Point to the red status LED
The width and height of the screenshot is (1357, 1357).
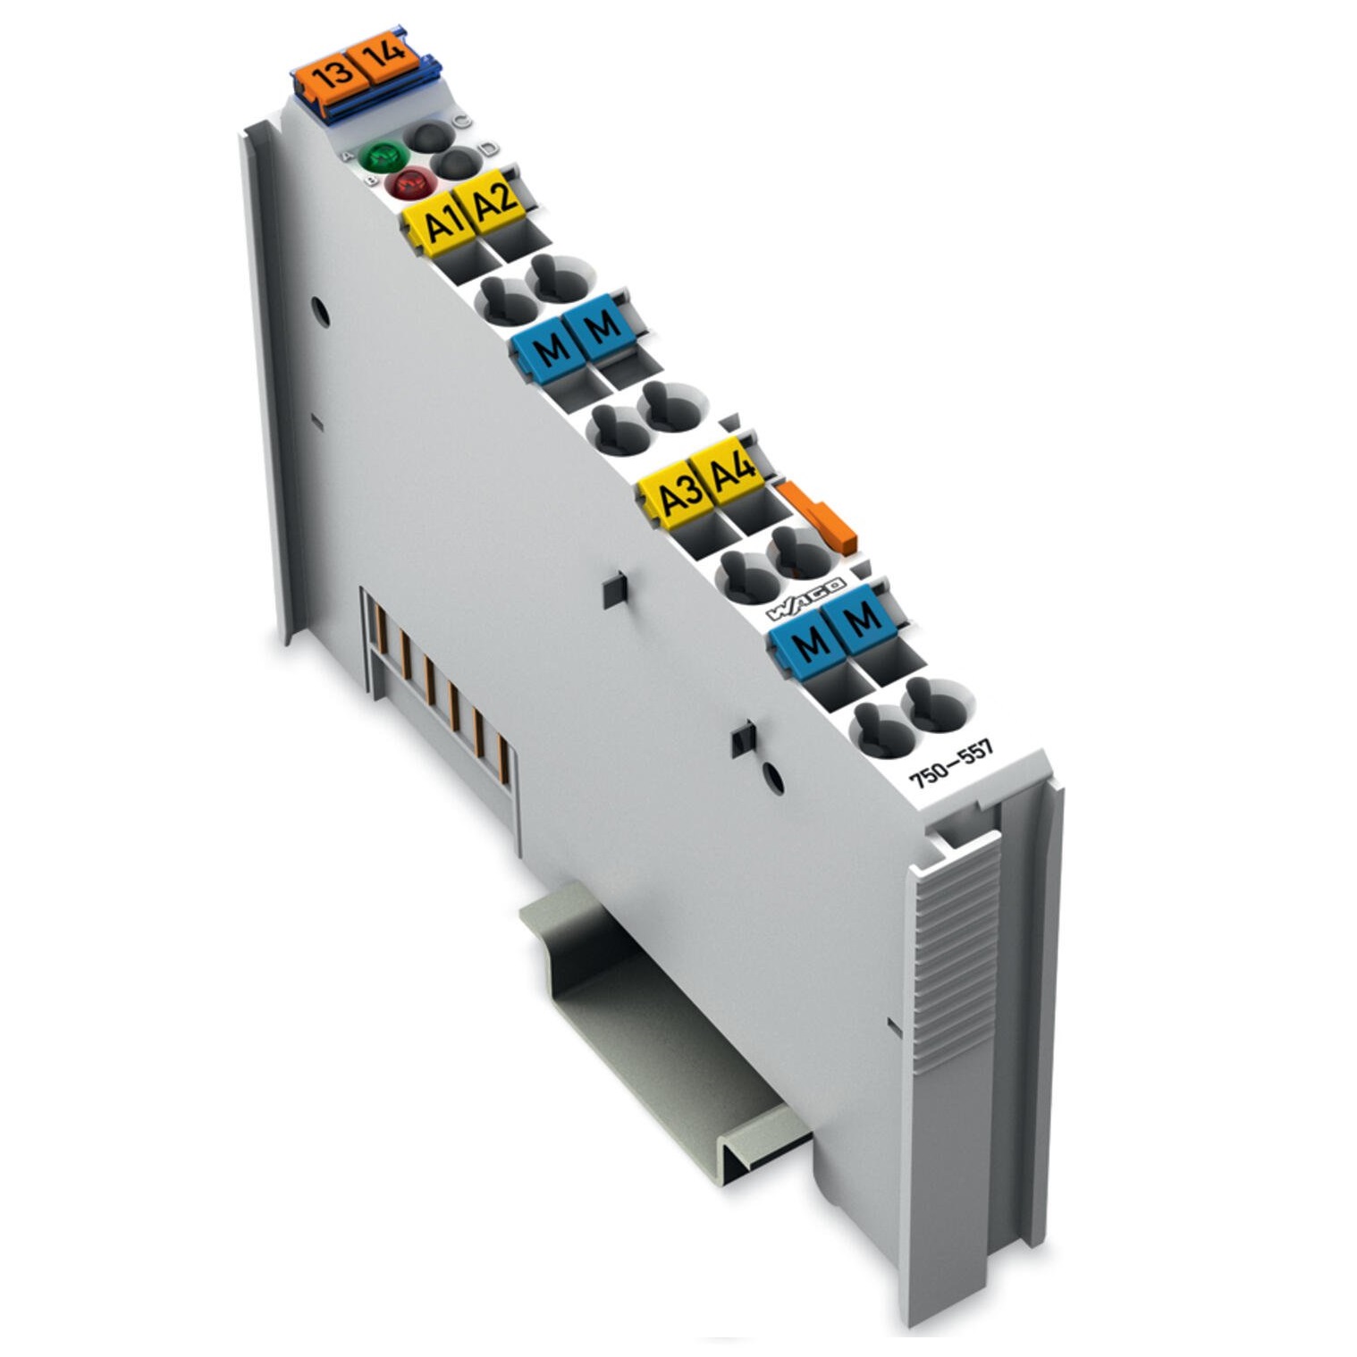pyautogui.click(x=409, y=185)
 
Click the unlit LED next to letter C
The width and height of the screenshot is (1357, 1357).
pyautogui.click(x=430, y=137)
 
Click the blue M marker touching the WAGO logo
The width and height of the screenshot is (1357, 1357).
pyautogui.click(x=807, y=640)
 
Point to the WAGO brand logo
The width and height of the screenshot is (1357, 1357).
pyautogui.click(x=805, y=599)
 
